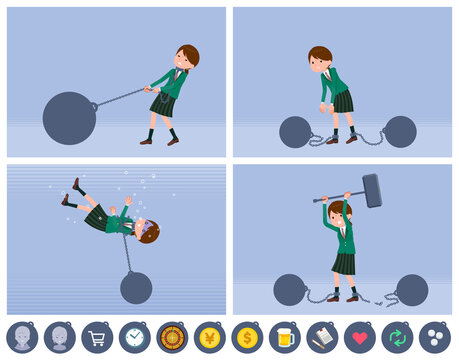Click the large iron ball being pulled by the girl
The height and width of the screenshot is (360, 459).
tap(69, 118)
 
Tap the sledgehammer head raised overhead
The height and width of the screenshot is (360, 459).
tap(372, 190)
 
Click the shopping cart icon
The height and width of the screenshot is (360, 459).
tap(96, 337)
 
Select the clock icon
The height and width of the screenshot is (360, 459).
tap(133, 337)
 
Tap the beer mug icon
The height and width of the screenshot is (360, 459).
tap(284, 337)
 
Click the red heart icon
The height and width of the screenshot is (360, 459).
tap(359, 337)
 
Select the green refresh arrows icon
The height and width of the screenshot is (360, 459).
tap(397, 337)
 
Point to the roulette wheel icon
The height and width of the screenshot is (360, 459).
tap(171, 337)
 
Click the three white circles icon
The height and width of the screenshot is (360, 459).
tap(434, 337)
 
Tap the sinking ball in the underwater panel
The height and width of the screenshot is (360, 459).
tap(136, 287)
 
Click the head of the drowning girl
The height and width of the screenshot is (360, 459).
tap(148, 232)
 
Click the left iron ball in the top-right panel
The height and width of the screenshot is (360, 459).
tap(295, 131)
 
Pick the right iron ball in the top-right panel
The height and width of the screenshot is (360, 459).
tap(399, 131)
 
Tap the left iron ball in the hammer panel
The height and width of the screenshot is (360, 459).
tap(290, 289)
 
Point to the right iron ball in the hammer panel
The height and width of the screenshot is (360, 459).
tap(412, 289)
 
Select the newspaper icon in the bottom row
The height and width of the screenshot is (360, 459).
tap(321, 337)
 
